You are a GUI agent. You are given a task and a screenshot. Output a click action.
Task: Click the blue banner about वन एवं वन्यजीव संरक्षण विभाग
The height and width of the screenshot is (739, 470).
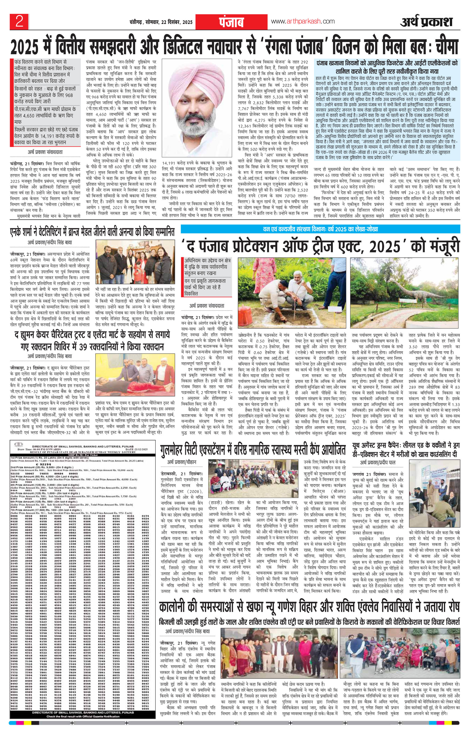320,229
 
